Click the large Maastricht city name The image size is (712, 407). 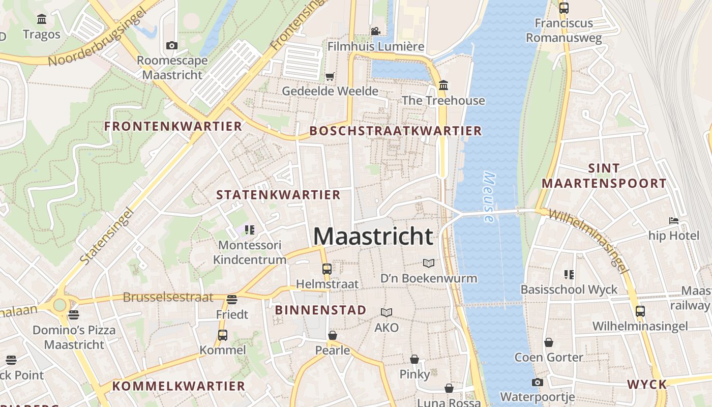point(373,237)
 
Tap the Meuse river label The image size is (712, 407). point(489,197)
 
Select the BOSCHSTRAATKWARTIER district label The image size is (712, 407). point(395,131)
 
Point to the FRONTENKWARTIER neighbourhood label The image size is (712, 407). point(173,126)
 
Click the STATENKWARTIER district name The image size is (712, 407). point(278,195)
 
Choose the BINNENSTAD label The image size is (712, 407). point(320,310)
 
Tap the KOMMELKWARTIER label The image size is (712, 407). point(179,386)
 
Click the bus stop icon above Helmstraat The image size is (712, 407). point(327,269)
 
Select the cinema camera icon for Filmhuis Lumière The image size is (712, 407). point(375,32)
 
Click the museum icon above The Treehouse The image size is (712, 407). point(443,85)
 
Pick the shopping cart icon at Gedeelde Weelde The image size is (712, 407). point(330,77)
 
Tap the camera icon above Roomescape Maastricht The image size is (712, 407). point(172,46)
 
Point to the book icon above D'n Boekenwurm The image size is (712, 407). point(429,263)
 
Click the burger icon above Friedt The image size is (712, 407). point(232,299)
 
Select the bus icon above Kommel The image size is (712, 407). point(222,335)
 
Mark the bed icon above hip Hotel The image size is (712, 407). point(674,221)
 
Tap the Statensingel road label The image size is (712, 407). point(107,235)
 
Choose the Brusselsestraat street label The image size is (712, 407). point(168,297)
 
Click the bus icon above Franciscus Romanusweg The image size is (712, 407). point(563,8)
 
